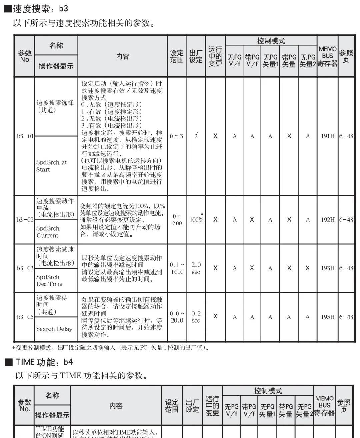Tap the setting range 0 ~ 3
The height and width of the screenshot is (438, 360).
click(176, 136)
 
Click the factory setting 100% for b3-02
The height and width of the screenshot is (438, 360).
click(196, 220)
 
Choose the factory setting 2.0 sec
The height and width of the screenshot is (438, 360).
click(196, 268)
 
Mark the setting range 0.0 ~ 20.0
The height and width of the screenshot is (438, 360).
click(176, 317)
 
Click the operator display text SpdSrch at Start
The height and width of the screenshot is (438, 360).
click(51, 166)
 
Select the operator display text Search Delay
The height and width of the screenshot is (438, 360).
click(54, 329)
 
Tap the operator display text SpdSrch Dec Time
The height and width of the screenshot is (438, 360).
click(49, 280)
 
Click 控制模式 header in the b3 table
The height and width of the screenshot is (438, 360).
click(271, 41)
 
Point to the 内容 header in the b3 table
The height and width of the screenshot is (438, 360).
click(122, 56)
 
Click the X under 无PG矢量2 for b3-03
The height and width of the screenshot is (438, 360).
click(308, 268)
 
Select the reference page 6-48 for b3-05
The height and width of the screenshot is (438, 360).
click(346, 317)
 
